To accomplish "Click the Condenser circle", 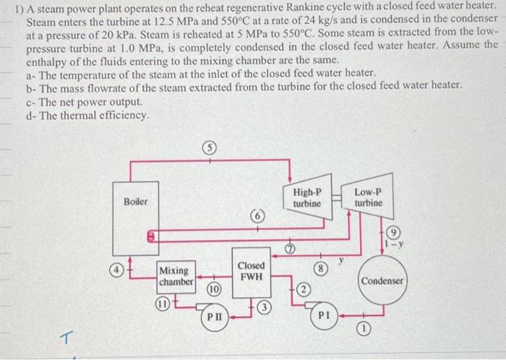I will [384, 280].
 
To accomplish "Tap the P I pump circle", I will [322, 316].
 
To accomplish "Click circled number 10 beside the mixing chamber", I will [214, 290].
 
